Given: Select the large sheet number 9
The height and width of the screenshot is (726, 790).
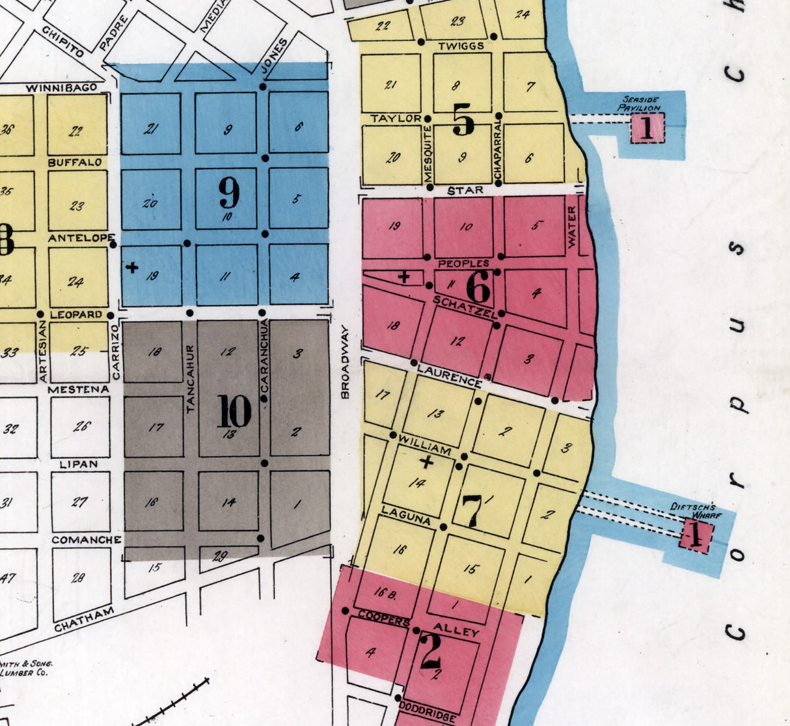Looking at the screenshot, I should [228, 193].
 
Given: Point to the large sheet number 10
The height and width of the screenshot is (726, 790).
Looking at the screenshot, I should [234, 412].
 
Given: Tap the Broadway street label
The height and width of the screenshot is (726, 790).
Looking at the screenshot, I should [345, 362].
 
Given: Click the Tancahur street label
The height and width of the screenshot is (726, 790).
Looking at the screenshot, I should [191, 379].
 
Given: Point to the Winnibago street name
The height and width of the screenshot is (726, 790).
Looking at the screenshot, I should [62, 87].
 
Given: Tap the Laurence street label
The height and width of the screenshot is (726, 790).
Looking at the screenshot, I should [449, 376].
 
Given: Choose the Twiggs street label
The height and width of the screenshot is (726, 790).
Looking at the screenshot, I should [461, 46].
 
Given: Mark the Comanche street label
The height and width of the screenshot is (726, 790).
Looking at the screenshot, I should [87, 540].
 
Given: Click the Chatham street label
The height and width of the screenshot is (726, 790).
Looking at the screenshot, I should [84, 619].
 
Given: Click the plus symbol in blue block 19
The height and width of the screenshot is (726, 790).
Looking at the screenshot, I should [131, 267].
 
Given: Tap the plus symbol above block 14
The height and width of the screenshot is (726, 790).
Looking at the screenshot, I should [426, 463].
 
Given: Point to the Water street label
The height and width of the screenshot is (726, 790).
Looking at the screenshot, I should [572, 227].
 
